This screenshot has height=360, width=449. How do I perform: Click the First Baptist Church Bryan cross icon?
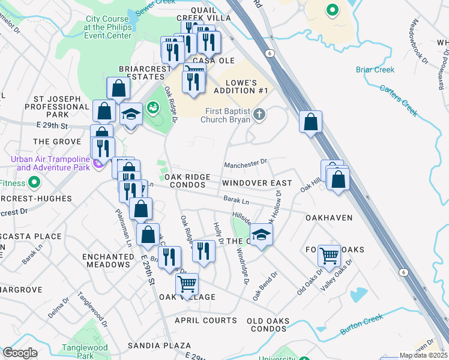[x=259, y=113]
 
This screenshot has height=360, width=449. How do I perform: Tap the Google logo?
[x=20, y=353]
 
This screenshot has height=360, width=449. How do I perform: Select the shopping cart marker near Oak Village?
[x=187, y=283]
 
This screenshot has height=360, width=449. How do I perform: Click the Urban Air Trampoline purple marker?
[x=96, y=163]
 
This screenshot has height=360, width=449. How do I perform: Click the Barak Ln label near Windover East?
[x=236, y=197]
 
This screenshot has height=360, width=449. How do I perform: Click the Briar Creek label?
[x=375, y=70]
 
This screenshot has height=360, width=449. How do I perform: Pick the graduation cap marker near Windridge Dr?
[x=262, y=234]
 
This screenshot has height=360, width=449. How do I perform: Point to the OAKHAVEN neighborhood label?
[x=329, y=218]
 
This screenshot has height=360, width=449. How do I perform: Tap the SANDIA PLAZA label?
[x=160, y=346]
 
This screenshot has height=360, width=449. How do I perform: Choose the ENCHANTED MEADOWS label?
[x=108, y=260]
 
